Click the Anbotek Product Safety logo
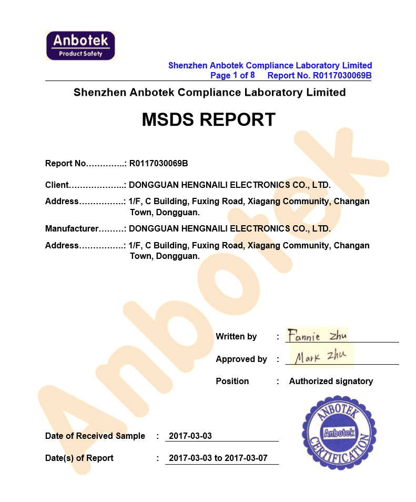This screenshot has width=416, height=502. [x=80, y=45]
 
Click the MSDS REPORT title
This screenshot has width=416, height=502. [x=208, y=120]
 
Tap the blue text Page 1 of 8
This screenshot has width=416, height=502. [x=232, y=75]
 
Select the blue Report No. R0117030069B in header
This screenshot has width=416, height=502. [x=319, y=75]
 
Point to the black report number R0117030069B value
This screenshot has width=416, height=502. [x=158, y=163]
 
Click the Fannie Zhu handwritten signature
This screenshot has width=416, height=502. [x=317, y=335]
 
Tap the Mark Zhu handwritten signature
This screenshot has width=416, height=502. [x=320, y=357]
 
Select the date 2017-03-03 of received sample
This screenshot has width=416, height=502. [x=190, y=436]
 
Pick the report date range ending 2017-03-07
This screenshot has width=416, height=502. [x=218, y=458]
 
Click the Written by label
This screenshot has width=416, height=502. [x=236, y=336]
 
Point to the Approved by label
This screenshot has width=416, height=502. [x=241, y=359]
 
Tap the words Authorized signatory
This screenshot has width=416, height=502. [x=331, y=381]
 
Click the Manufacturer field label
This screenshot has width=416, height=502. [x=72, y=228]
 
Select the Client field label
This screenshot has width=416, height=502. [x=57, y=185]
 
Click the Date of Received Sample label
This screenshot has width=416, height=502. [x=95, y=436]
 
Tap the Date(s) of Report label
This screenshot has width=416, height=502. [x=79, y=458]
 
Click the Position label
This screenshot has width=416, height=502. [x=232, y=381]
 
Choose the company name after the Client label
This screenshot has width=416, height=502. [x=229, y=185]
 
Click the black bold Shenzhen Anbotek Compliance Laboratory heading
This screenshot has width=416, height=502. [x=209, y=93]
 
